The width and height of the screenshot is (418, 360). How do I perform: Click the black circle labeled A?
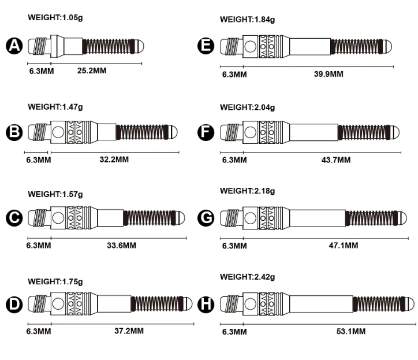pos(14,46)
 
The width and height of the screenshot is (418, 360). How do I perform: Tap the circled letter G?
pos(206,217)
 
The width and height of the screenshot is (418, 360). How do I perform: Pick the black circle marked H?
pos(206,303)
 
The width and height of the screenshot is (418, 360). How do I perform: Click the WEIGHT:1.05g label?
pos(55,17)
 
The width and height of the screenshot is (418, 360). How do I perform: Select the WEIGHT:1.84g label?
pos(247,20)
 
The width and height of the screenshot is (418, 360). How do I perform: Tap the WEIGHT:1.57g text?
pos(55,194)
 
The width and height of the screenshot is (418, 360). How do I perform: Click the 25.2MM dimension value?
pos(92,70)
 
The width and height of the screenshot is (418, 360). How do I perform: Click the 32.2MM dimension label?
pos(114,159)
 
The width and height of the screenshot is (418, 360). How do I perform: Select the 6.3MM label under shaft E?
pos(234,74)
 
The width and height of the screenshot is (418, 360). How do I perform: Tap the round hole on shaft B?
pos(58,132)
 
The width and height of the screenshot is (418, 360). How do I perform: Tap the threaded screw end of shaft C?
pos(40,218)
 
